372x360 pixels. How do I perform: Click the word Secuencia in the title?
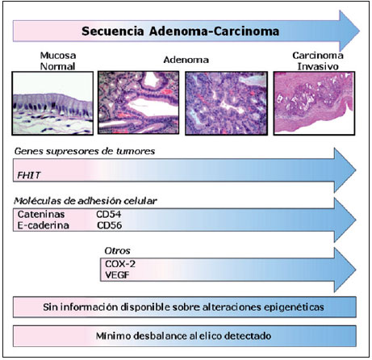(113, 31)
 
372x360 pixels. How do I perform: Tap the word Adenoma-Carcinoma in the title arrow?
(215, 31)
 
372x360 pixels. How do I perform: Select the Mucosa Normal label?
(58, 61)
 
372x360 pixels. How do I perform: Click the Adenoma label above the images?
(186, 60)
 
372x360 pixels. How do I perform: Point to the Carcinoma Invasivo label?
(318, 61)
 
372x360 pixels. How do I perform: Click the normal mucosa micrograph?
(52, 103)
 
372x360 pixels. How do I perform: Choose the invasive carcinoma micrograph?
(314, 103)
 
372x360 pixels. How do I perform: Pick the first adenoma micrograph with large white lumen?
(138, 103)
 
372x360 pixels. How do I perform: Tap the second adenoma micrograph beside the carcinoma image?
(227, 103)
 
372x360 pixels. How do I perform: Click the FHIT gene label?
(29, 175)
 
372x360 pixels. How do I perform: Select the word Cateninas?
(41, 214)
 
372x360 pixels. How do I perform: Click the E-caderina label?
(43, 225)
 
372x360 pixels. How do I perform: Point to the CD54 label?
(109, 214)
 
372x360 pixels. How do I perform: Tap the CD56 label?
(110, 225)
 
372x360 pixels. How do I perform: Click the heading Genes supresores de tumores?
(85, 151)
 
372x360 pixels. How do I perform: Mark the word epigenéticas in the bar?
(294, 308)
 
